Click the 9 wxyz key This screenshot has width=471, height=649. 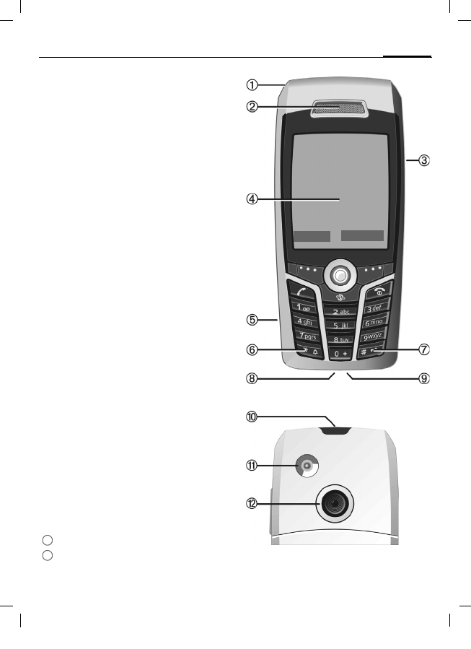coord(376,336)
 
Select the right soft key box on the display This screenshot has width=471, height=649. coord(362,236)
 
